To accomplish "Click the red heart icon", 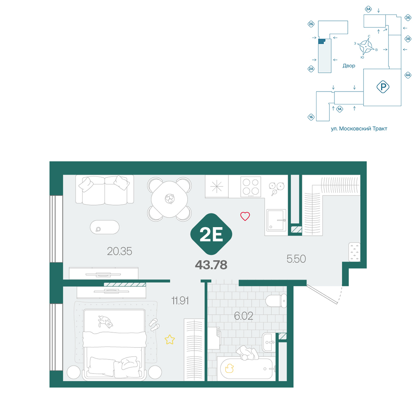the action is (x=245, y=216).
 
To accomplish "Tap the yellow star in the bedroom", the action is (x=170, y=339).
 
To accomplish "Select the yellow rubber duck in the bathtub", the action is (x=229, y=369).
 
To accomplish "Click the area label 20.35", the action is (x=119, y=251).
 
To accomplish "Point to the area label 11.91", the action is (x=180, y=301).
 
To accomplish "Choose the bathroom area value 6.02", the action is (x=243, y=316).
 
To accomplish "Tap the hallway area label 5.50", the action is (x=296, y=259).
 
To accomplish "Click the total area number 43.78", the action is (x=211, y=265).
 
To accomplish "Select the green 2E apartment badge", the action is (x=211, y=234).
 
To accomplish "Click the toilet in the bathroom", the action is (x=276, y=301).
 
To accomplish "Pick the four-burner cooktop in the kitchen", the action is (x=251, y=187).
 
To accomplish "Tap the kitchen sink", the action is (x=277, y=220).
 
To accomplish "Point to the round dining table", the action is (x=170, y=199).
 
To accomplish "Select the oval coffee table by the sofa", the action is (x=104, y=228).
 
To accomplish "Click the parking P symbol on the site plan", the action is (x=383, y=87).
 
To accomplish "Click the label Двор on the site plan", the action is (x=349, y=66).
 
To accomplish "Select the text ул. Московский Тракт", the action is (x=359, y=129).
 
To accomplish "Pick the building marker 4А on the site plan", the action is (x=408, y=75).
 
